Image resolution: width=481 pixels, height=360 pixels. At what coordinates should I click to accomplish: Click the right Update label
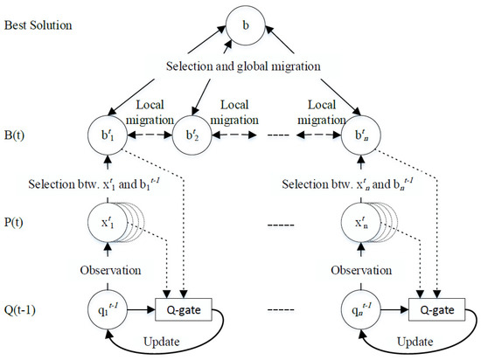coord(426,346)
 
